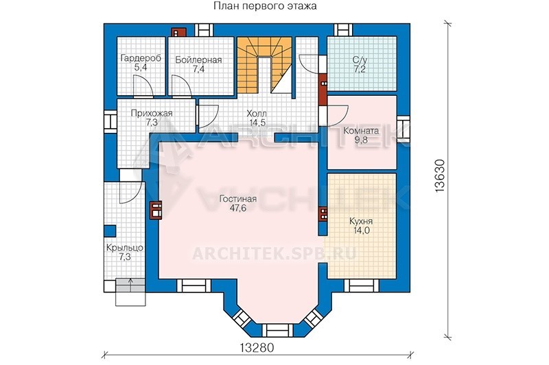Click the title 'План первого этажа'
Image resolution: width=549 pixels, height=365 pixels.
264,6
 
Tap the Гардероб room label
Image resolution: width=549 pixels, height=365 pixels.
141,58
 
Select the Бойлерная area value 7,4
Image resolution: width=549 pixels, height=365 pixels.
198,68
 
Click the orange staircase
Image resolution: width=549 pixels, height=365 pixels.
264,65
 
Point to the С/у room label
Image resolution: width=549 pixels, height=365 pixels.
360,60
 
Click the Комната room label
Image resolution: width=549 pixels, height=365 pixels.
361,131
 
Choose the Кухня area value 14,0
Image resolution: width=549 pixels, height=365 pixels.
361,231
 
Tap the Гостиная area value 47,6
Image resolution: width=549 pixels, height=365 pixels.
238,208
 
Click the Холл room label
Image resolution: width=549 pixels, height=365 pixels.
257,114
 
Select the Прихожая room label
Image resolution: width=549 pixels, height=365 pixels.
152,113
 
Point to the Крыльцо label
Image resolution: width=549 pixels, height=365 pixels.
125,248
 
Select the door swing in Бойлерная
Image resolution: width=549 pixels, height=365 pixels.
182,86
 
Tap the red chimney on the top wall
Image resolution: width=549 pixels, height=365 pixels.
179,32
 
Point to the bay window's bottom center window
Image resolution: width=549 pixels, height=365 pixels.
277,329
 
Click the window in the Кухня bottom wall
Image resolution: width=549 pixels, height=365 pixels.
362,286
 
